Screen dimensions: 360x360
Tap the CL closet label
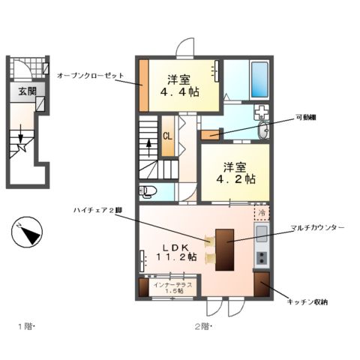[169, 136]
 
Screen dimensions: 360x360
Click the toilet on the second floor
[148, 190]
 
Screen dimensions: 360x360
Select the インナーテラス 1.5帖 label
[173, 289]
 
